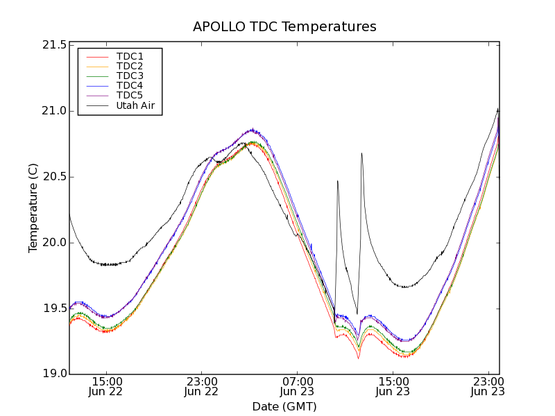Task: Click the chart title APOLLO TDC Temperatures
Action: [284, 27]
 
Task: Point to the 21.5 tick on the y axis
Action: [54, 45]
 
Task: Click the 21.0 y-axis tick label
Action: [54, 111]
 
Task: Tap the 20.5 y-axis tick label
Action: [54, 177]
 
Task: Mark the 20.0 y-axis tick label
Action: [54, 243]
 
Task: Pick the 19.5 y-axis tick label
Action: [54, 309]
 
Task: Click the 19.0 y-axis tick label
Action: [54, 374]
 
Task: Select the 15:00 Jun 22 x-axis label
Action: [107, 387]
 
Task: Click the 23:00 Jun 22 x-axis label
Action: [202, 387]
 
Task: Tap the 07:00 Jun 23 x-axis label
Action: [297, 387]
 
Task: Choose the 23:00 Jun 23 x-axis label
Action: [488, 387]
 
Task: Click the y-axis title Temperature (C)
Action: [33, 208]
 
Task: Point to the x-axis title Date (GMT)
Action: [284, 406]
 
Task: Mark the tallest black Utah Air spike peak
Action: [361, 153]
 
